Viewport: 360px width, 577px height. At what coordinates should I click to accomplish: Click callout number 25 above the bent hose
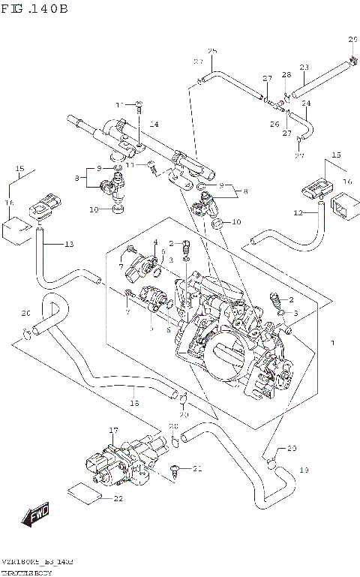click(x=211, y=51)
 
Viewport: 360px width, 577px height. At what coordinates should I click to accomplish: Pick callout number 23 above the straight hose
click(x=304, y=68)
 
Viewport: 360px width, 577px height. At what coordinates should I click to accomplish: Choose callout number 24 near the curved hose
click(x=305, y=103)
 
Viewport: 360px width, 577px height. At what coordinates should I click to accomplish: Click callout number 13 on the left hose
click(x=69, y=245)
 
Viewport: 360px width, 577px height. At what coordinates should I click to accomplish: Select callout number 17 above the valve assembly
click(x=113, y=430)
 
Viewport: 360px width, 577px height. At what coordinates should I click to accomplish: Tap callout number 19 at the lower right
click(x=304, y=470)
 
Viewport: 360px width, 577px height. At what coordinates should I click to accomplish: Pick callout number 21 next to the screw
click(x=197, y=470)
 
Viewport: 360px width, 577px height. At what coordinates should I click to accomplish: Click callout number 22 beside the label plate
click(x=118, y=499)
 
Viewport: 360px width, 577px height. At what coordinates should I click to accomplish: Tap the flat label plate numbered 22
click(x=83, y=492)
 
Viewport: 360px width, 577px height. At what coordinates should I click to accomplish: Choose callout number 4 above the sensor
click(x=156, y=242)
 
